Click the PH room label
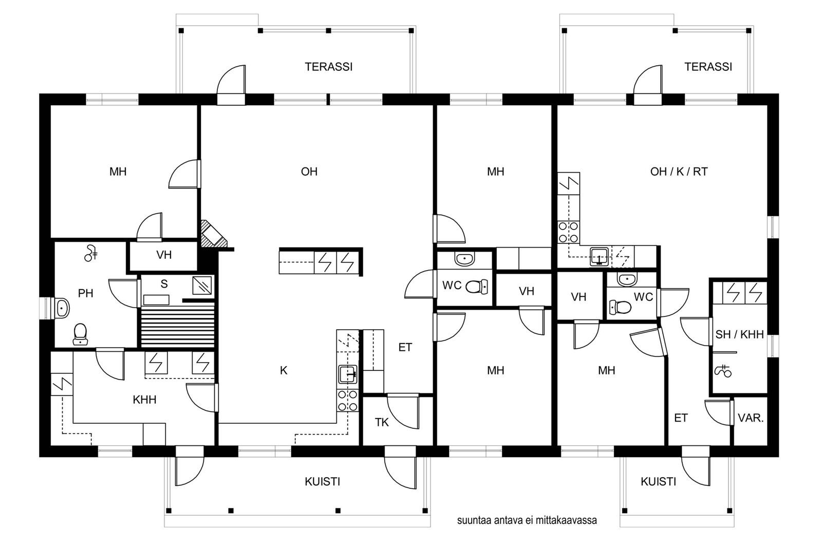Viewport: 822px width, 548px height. coord(85,293)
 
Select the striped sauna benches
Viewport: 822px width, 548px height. coord(178,326)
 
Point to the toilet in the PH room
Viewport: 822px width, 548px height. coord(80,334)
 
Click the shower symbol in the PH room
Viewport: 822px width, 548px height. coord(90,253)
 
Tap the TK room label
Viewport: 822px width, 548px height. coord(382,423)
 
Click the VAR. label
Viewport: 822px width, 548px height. coord(751,418)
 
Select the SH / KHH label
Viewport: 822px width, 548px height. coord(739,334)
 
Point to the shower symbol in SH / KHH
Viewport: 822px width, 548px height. coord(723,371)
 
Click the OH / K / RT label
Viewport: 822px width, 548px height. coord(679,172)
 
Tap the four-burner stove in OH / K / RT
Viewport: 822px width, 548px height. coord(568,232)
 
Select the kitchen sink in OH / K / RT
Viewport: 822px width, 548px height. coord(599,256)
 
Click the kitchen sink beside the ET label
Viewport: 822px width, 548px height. coord(347,374)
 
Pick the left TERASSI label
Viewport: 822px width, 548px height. coord(328,67)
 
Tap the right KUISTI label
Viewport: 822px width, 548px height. coord(658,482)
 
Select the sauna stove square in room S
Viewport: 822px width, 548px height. coord(202,286)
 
